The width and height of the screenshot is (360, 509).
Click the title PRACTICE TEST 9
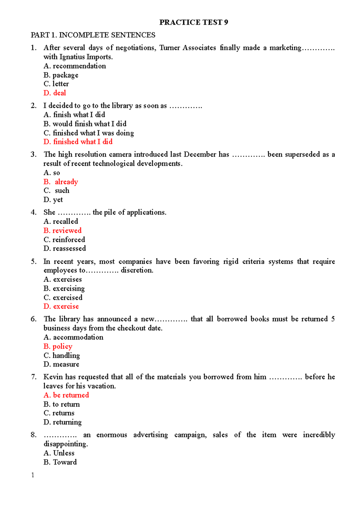(x=193, y=22)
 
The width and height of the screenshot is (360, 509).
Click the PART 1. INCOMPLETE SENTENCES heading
(x=93, y=35)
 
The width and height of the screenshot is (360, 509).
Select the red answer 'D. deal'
(x=55, y=93)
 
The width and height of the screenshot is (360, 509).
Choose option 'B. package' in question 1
(x=61, y=75)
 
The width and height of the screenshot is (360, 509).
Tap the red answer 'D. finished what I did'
(x=78, y=141)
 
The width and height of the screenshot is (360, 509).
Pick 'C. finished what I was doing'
(x=89, y=133)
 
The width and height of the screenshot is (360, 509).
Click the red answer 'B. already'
(x=61, y=182)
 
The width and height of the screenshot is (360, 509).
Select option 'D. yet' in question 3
(x=53, y=200)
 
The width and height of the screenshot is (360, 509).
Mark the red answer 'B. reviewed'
(x=62, y=231)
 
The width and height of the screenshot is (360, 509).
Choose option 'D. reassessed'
(x=65, y=249)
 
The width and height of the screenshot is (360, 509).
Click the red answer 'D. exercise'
(x=61, y=306)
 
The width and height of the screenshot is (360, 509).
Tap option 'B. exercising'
(x=64, y=288)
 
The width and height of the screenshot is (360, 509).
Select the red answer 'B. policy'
(x=58, y=347)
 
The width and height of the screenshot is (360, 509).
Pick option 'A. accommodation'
(x=73, y=337)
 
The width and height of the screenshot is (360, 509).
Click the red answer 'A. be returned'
(x=66, y=395)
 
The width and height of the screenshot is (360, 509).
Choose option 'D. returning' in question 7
(x=62, y=422)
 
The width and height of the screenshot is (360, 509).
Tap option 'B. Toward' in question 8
(x=60, y=462)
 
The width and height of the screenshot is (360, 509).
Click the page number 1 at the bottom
(x=33, y=475)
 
